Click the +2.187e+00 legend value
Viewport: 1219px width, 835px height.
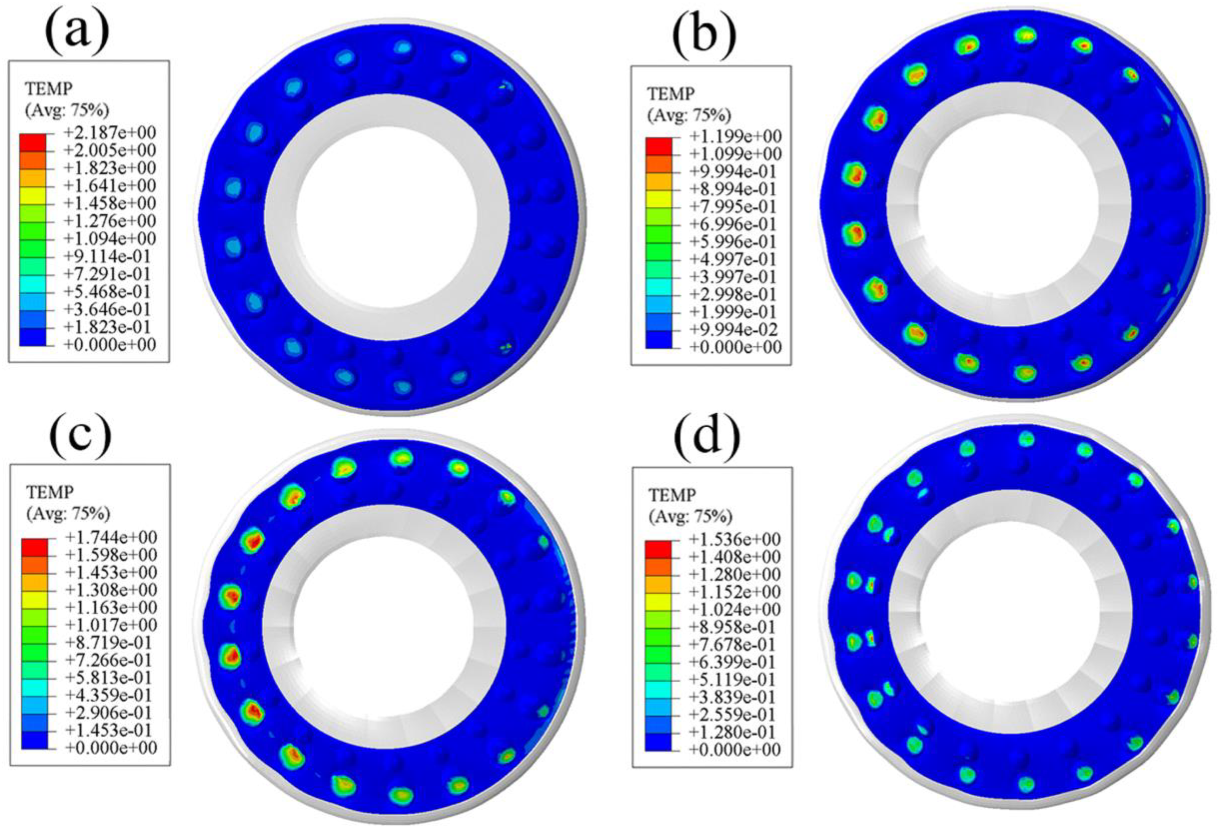[109, 132]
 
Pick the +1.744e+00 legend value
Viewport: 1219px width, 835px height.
[110, 537]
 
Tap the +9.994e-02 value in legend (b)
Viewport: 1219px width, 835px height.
[733, 329]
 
